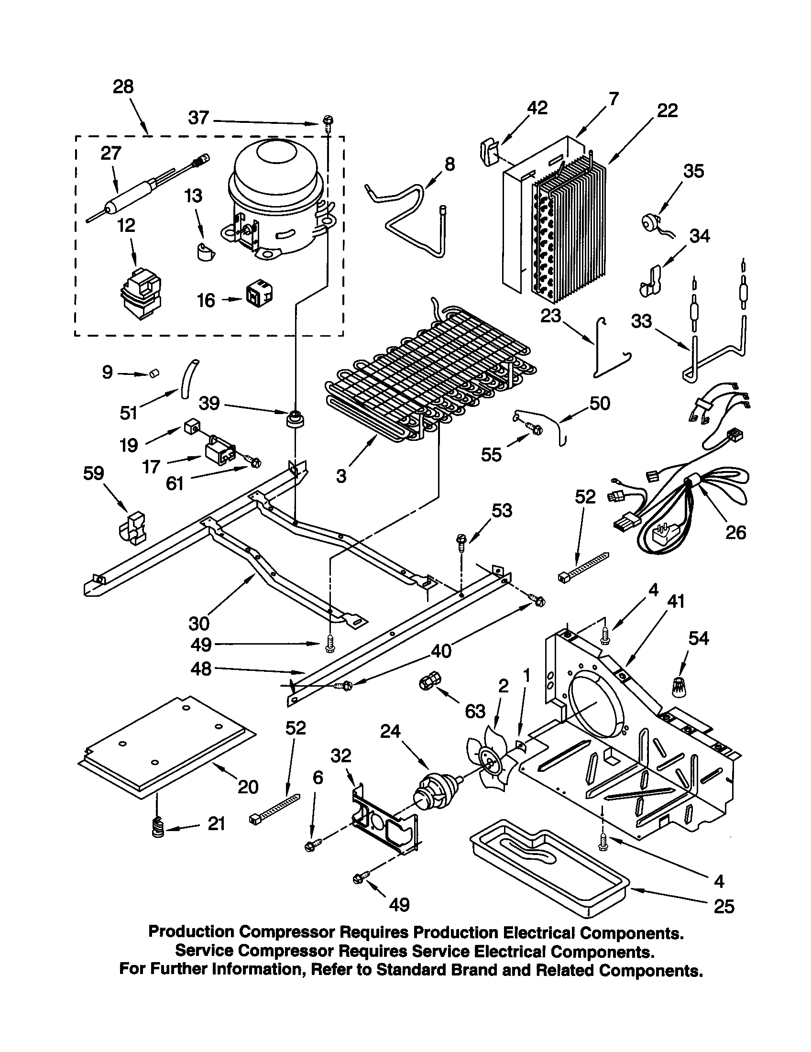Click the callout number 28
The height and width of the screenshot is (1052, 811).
pyautogui.click(x=123, y=87)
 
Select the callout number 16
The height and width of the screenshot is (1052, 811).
pyautogui.click(x=206, y=300)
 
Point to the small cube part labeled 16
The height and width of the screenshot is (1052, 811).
pyautogui.click(x=259, y=295)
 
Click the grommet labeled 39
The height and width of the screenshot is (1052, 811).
pyautogui.click(x=295, y=418)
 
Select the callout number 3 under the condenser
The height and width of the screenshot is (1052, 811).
pyautogui.click(x=341, y=476)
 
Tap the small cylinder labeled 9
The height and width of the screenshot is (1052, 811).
pyautogui.click(x=154, y=373)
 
